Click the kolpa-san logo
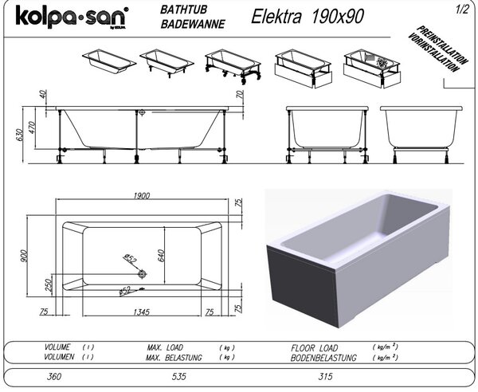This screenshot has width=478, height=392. pos(72,18)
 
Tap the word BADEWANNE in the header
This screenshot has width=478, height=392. pos(193,25)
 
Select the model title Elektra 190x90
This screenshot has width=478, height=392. pos(308,16)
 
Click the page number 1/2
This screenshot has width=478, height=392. pos(462,10)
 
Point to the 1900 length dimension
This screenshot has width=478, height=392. pos(142,196)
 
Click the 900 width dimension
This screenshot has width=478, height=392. pos(25,256)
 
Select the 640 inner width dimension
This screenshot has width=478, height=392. pos(161,256)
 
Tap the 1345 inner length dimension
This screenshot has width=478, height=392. pos(142,312)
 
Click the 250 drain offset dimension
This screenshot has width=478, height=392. pos(49,285)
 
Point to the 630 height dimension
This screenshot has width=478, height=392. pos(19,135)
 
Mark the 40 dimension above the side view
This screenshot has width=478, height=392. pos(43,94)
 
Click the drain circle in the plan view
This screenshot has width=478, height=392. pos(142,274)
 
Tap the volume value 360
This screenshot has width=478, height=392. pos(54,376)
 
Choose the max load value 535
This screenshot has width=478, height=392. pos(178,376)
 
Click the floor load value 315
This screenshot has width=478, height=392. pos(325,376)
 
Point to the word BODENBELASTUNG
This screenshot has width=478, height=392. pos(323,358)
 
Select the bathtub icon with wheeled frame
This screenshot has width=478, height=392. pos(233,67)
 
